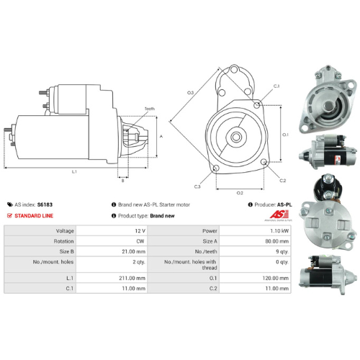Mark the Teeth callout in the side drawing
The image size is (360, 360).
pos(149,109)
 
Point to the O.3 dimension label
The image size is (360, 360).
pos(191,93)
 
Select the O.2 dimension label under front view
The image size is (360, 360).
pos(240,193)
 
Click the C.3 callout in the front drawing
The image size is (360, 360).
pos(197,187)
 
